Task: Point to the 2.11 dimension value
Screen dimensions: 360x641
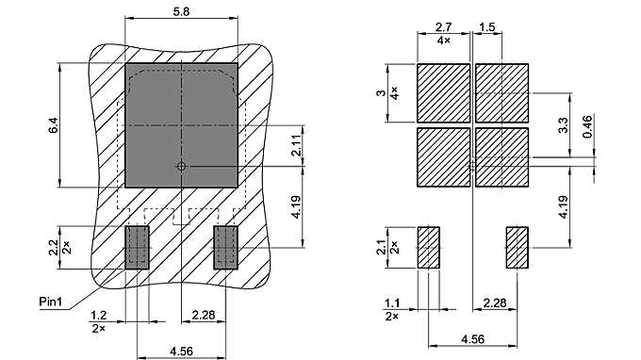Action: [x=296, y=144]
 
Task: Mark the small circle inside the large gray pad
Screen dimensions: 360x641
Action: [x=181, y=167]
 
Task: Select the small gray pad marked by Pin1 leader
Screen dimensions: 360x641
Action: [x=138, y=247]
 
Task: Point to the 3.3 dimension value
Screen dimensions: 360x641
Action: [x=563, y=123]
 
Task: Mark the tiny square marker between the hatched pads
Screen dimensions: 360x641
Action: [x=472, y=167]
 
